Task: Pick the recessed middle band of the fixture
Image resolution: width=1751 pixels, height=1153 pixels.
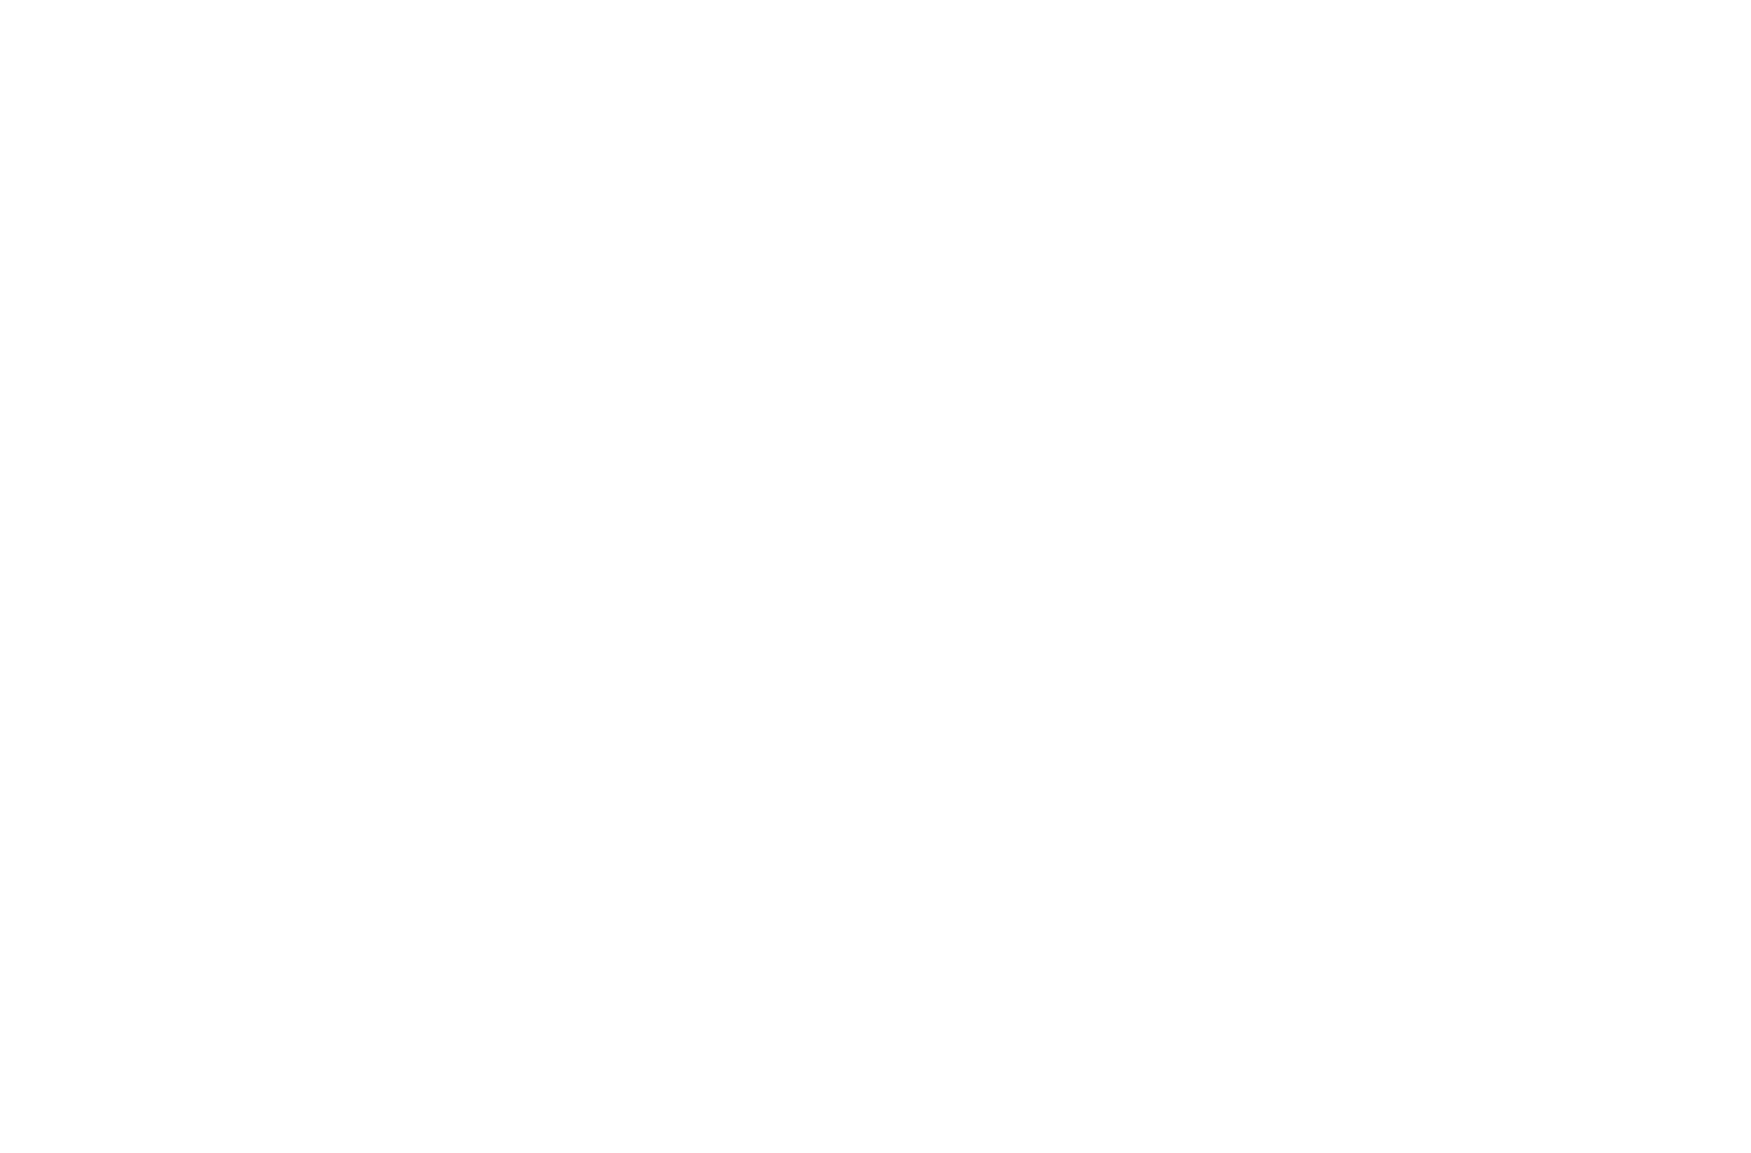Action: [892, 582]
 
